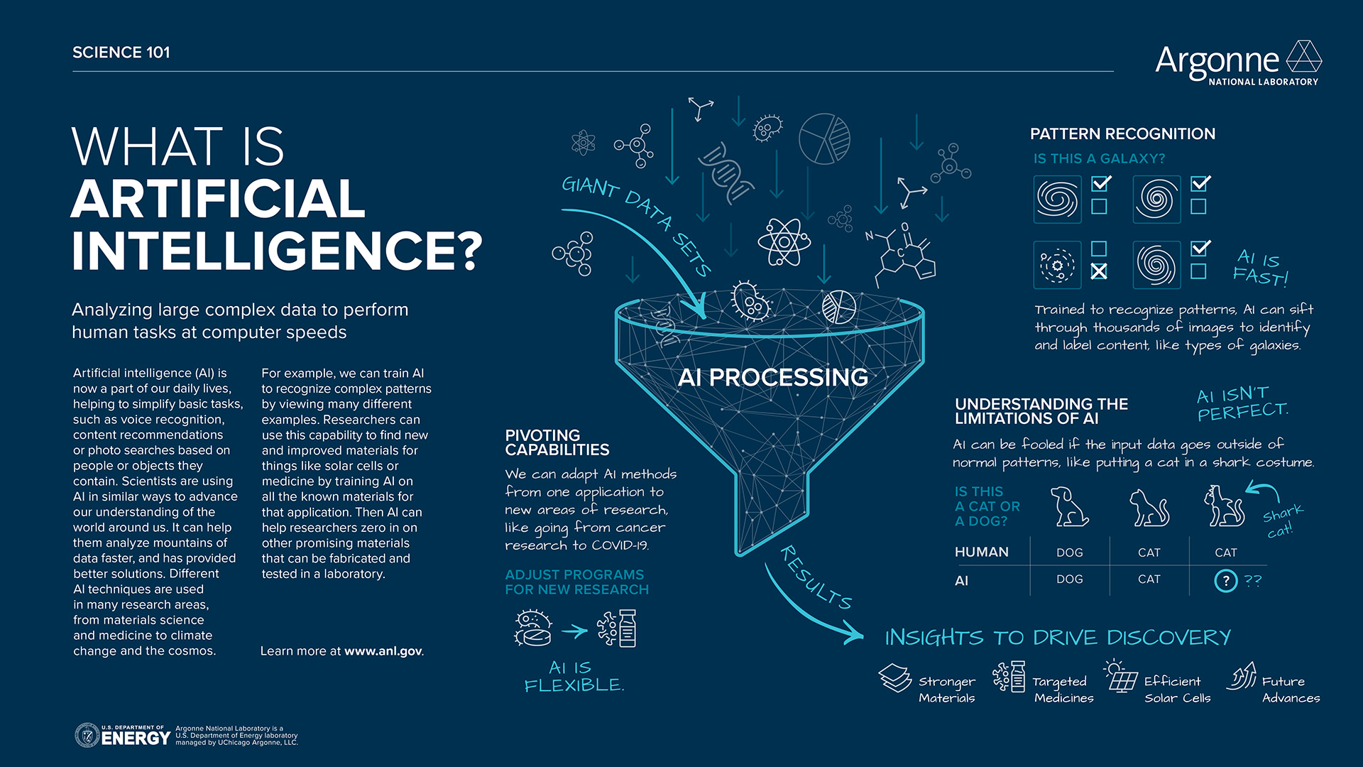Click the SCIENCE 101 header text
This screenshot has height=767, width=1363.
point(121,53)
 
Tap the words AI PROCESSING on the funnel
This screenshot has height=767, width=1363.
point(772,377)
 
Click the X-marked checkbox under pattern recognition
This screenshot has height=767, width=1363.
point(1099,271)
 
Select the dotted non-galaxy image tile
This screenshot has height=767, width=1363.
point(1057,265)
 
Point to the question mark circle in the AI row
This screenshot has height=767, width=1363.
point(1225,581)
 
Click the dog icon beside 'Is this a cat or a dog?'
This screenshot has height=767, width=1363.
point(1068,506)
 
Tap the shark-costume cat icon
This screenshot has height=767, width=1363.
point(1224,506)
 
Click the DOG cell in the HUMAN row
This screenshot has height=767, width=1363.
point(1069,553)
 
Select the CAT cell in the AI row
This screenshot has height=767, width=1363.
point(1149,580)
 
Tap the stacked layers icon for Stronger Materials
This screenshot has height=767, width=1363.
point(894,678)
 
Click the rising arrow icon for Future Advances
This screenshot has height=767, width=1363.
point(1242,676)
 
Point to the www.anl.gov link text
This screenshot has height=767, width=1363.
point(383,651)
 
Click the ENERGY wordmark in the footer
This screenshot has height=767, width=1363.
point(136,739)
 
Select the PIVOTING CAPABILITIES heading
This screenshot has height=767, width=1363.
point(557,442)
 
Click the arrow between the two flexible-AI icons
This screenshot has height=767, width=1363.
point(574,631)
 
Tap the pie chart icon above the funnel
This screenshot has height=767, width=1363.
point(824,138)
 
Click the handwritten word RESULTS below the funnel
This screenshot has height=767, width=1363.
point(816,577)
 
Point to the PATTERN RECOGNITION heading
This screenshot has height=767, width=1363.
point(1122,134)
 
